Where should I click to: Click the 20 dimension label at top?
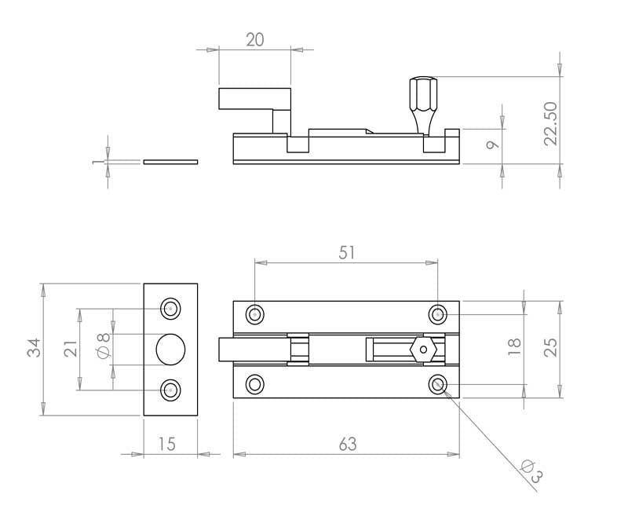pyautogui.click(x=255, y=40)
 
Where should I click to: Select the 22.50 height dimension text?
pyautogui.click(x=551, y=123)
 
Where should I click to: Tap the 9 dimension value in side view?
pyautogui.click(x=493, y=145)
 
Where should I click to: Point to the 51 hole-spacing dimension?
pyautogui.click(x=347, y=253)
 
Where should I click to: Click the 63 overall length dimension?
pyautogui.click(x=347, y=444)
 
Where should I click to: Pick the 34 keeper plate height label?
pyautogui.click(x=34, y=347)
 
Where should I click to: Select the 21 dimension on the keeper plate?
pyautogui.click(x=71, y=349)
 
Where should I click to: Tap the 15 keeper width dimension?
pyautogui.click(x=167, y=444)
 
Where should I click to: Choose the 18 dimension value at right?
pyautogui.click(x=514, y=347)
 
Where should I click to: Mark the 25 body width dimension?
pyautogui.click(x=551, y=347)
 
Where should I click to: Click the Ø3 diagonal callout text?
pyautogui.click(x=532, y=471)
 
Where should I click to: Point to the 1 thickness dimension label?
pyautogui.click(x=96, y=162)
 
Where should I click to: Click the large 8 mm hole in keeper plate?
pyautogui.click(x=170, y=350)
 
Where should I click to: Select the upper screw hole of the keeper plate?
pyautogui.click(x=170, y=309)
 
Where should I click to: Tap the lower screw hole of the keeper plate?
pyautogui.click(x=170, y=390)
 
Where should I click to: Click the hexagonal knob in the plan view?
pyautogui.click(x=423, y=350)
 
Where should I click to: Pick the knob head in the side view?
pyautogui.click(x=423, y=94)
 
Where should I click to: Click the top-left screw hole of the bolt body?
pyautogui.click(x=254, y=314)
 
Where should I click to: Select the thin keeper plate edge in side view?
pyautogui.click(x=170, y=162)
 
